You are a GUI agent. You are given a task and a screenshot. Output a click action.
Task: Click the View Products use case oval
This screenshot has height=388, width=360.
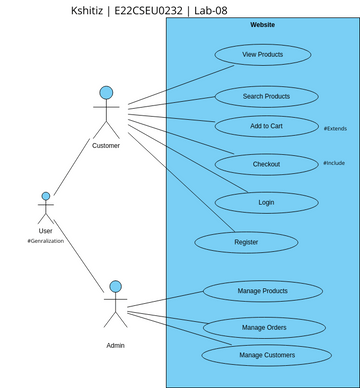(x=263, y=55)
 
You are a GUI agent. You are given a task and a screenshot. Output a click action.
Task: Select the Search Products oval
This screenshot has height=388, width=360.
(x=266, y=97)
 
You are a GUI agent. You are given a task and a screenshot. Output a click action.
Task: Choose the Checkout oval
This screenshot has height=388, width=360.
(x=266, y=164)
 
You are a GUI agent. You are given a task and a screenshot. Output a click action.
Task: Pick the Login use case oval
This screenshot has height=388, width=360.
(x=266, y=202)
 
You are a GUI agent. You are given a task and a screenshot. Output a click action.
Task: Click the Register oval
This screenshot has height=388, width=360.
(x=246, y=242)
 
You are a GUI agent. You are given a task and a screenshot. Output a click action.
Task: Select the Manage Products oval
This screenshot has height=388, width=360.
(x=263, y=291)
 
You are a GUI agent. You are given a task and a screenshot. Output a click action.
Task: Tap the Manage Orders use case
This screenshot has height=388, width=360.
(x=265, y=327)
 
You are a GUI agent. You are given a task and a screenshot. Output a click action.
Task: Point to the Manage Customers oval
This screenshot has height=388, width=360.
(x=266, y=355)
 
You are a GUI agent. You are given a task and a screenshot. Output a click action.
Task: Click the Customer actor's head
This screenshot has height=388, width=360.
(x=106, y=93)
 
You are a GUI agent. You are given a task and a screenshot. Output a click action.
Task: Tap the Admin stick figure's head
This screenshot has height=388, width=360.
(x=116, y=287)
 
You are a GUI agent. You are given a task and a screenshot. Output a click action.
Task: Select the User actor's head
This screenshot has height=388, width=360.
(x=45, y=197)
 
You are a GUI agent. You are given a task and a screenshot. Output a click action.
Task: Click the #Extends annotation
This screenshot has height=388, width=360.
(x=335, y=129)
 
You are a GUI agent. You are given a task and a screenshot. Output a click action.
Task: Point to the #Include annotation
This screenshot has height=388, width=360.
(x=334, y=163)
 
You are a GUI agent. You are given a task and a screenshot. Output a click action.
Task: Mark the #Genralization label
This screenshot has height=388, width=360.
(x=46, y=242)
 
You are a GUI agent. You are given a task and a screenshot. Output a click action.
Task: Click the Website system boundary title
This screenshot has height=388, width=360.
(x=263, y=24)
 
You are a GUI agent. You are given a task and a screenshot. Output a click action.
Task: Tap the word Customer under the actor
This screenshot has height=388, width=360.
(x=106, y=146)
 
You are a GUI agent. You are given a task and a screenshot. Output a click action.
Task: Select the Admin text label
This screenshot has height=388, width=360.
(x=116, y=345)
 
